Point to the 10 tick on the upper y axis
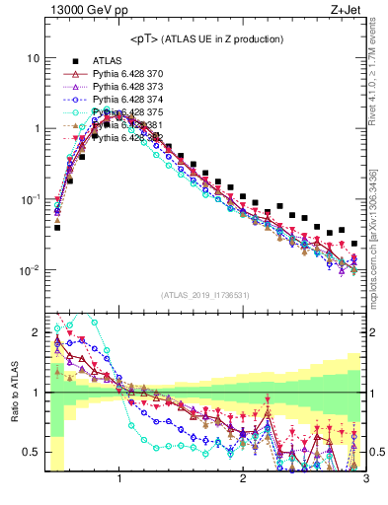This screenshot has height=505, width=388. pyautogui.click(x=32, y=57)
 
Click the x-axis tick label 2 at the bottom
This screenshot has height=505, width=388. pyautogui.click(x=243, y=480)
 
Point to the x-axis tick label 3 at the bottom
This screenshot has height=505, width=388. pyautogui.click(x=365, y=480)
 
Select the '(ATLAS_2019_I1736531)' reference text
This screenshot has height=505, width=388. pyautogui.click(x=204, y=295)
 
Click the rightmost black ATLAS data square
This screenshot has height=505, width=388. pyautogui.click(x=354, y=243)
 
